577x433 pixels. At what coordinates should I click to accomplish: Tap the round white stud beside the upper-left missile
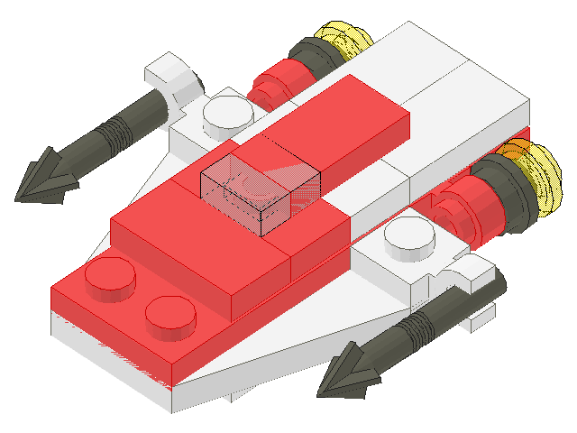tap(227, 112)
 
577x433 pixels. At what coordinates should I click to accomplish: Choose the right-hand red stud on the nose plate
tap(170, 315)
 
